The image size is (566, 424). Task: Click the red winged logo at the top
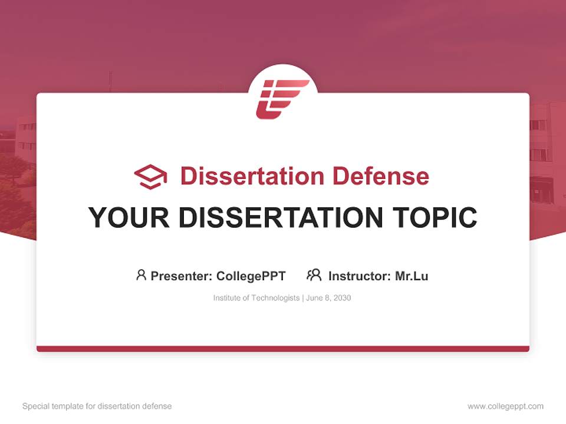282,98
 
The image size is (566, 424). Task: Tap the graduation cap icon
150,177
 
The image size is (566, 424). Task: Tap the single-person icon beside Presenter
141,275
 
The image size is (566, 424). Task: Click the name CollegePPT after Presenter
251,276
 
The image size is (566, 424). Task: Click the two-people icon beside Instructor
314,275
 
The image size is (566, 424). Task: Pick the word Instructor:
360,276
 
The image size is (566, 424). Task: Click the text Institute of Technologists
256,298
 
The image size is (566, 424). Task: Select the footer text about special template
97,406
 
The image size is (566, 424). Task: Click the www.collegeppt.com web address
505,406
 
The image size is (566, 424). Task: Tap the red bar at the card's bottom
282,349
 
